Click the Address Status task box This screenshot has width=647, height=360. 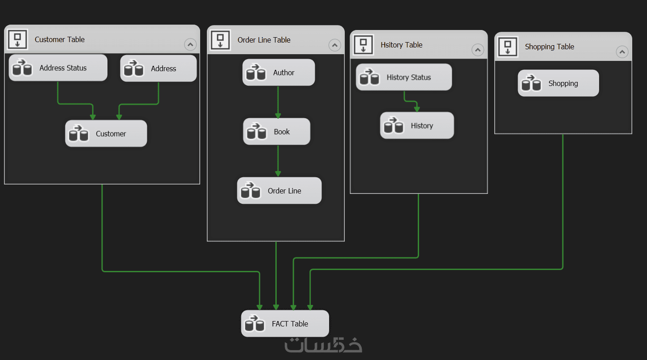click(x=58, y=68)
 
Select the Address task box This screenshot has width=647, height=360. click(x=159, y=69)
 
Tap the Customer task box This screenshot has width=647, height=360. click(x=106, y=133)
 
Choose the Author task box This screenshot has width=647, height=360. click(x=279, y=73)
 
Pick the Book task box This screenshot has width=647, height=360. click(x=277, y=132)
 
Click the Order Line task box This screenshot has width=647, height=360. click(x=279, y=191)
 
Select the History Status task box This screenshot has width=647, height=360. click(x=404, y=77)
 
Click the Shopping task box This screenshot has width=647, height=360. click(x=558, y=83)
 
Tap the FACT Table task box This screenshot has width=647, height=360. click(x=285, y=324)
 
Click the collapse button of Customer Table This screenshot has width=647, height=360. click(x=190, y=44)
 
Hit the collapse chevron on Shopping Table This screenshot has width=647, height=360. click(x=622, y=52)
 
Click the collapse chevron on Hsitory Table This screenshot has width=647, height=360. click(x=478, y=50)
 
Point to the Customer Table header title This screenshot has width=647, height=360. click(x=60, y=39)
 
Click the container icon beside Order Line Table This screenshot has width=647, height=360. click(x=220, y=40)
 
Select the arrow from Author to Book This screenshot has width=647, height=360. click(x=278, y=102)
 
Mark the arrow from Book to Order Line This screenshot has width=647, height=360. click(x=278, y=161)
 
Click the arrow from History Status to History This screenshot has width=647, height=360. click(x=411, y=101)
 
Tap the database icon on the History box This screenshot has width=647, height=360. click(x=394, y=126)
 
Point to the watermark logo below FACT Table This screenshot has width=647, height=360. click(x=323, y=345)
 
